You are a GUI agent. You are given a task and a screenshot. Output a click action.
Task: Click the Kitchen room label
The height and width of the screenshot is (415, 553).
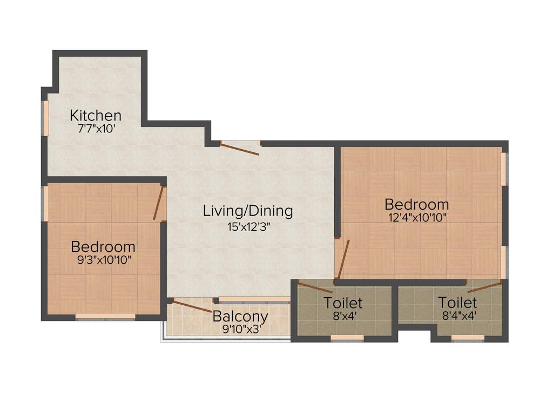(96, 116)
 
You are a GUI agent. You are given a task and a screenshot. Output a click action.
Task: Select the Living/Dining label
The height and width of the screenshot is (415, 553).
(248, 211)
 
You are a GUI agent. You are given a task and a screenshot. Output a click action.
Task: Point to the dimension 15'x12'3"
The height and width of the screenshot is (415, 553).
(248, 226)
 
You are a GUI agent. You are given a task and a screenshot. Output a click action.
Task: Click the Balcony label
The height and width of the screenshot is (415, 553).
(240, 316)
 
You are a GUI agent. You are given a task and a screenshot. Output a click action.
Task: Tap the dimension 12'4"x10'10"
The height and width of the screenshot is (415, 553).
(416, 218)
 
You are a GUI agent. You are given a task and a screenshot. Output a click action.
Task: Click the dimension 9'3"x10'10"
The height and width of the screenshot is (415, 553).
(103, 260)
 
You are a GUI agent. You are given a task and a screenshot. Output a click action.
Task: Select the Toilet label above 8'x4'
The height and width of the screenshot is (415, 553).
(343, 303)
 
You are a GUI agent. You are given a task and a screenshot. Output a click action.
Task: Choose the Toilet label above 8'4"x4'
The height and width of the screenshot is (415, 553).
(457, 303)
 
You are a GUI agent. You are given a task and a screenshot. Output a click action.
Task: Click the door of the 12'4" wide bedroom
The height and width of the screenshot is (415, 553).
(342, 260)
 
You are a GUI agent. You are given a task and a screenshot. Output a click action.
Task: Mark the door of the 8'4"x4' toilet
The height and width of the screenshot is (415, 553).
(485, 286)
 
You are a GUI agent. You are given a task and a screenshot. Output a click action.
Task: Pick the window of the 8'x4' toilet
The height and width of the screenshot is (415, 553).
(347, 338)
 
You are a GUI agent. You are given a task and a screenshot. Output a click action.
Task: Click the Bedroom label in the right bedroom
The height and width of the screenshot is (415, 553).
(416, 205)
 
